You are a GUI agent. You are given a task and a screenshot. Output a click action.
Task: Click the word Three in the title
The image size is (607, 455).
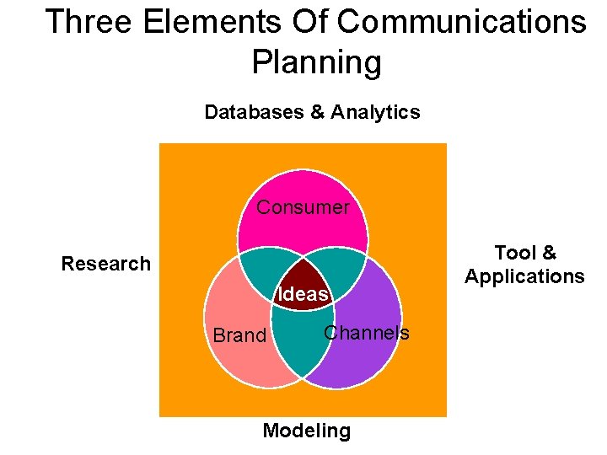[89, 22]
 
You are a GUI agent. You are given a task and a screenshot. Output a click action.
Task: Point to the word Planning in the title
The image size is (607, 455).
[316, 62]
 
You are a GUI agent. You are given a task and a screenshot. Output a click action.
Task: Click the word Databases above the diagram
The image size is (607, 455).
[255, 112]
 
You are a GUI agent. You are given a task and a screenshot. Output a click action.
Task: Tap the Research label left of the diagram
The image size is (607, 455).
[106, 264]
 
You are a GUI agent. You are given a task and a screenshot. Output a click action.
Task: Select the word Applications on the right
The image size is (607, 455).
[524, 276]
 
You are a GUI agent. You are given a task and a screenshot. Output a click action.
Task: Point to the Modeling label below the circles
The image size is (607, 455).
[306, 431]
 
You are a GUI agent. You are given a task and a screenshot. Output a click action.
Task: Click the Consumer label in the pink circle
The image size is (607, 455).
[303, 207]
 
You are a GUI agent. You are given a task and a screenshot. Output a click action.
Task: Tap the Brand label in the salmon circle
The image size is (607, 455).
[239, 335]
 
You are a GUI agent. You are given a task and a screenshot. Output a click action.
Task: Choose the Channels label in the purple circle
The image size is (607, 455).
[367, 333]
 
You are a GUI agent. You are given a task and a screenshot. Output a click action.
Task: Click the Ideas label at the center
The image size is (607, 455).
[303, 294]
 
